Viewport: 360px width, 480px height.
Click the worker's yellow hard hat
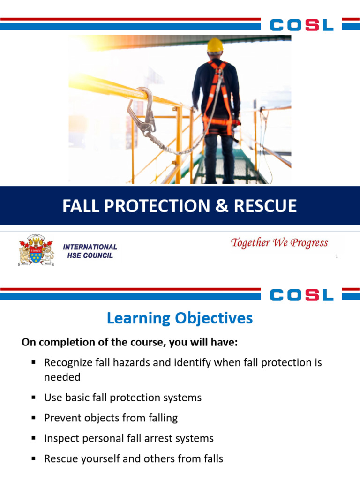216,45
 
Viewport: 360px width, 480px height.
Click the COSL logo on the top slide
302,24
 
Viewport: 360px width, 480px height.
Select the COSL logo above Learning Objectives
302,294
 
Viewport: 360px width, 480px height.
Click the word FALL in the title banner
80,206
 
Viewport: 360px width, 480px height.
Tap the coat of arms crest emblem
36,250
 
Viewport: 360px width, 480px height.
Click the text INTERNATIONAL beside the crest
90,247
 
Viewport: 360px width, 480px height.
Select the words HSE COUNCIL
88,255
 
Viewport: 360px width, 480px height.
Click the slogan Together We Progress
279,243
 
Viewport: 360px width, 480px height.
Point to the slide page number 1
337,256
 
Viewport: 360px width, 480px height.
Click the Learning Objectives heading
180,318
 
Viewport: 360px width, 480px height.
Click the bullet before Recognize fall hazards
34,363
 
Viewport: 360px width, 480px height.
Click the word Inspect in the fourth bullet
59,439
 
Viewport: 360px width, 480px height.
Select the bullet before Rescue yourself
34,459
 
